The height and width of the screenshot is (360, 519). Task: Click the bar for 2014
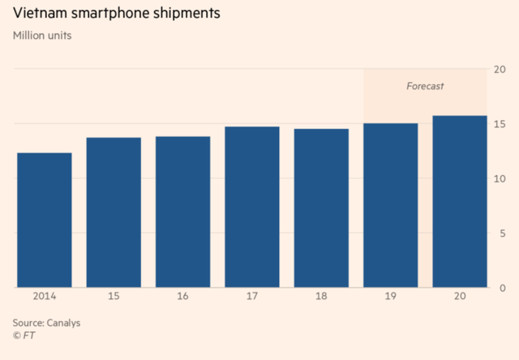(44, 220)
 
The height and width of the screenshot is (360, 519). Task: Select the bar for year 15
(114, 212)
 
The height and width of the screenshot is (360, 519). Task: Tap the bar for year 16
(182, 212)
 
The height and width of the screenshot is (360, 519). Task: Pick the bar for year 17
(252, 207)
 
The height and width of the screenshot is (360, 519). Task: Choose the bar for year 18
(321, 208)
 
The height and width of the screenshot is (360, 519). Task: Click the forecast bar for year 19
(391, 205)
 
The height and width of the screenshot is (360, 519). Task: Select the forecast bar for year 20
(460, 202)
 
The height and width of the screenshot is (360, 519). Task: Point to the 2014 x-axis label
(44, 298)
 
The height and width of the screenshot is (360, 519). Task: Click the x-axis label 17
(252, 298)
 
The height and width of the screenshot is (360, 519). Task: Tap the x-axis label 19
(391, 298)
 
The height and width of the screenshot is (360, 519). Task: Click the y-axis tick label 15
(500, 123)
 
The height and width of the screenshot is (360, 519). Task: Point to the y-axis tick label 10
(500, 178)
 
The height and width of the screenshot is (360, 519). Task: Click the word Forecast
(425, 85)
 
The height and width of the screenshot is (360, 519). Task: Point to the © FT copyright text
(24, 335)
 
